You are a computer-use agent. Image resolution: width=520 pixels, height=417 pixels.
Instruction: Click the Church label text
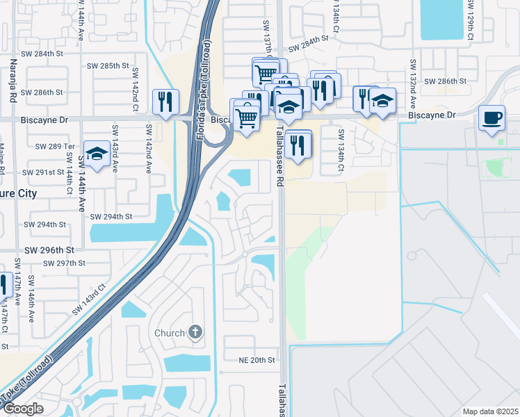[170, 333]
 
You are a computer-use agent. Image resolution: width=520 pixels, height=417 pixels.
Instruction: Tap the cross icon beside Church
[195, 332]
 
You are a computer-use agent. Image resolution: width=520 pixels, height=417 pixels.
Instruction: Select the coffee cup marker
[492, 117]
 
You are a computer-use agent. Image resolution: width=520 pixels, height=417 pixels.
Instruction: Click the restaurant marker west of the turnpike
[165, 102]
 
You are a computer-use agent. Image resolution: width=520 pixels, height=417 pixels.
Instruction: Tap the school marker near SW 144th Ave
[97, 154]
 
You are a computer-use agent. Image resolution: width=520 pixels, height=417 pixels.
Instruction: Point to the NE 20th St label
[257, 360]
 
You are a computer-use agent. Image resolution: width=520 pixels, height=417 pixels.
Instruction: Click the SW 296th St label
[49, 250]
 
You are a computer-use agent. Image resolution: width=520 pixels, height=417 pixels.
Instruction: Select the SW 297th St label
[63, 263]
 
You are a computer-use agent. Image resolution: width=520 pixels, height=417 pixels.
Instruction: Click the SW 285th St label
[108, 65]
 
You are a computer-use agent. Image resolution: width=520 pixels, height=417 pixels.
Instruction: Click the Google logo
[23, 409]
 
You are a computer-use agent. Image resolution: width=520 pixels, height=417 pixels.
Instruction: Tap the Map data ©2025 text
[490, 411]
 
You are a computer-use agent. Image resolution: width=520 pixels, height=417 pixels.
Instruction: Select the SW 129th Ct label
[471, 20]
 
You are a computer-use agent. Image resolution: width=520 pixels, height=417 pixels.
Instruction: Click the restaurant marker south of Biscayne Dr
[298, 145]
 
